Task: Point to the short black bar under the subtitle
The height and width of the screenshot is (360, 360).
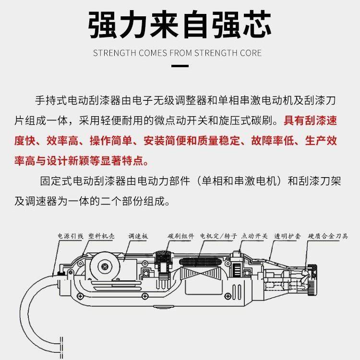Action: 180,67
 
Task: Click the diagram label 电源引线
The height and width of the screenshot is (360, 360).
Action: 70,236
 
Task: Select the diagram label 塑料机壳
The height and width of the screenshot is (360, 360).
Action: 102,236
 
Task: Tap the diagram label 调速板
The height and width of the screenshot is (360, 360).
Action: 138,236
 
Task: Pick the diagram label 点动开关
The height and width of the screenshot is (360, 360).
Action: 254,236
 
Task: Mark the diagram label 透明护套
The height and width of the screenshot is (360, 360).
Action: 288,236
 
